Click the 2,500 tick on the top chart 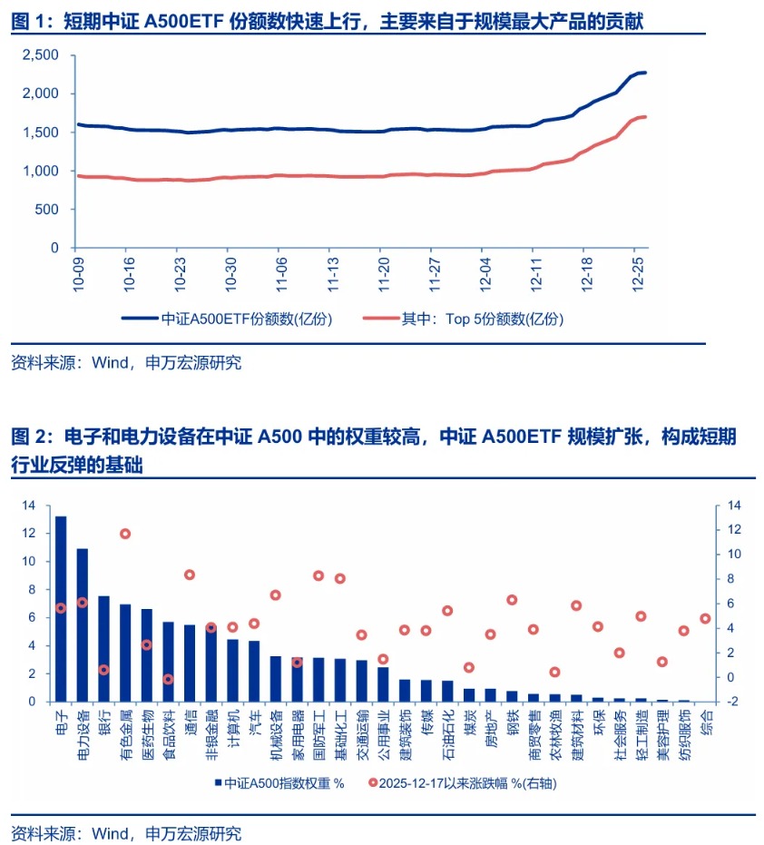tap(41, 55)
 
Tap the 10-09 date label tap(80, 270)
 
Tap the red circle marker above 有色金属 tap(125, 534)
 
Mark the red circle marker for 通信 tap(190, 575)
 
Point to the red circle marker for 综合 tap(705, 618)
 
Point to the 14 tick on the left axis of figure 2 tap(29, 505)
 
